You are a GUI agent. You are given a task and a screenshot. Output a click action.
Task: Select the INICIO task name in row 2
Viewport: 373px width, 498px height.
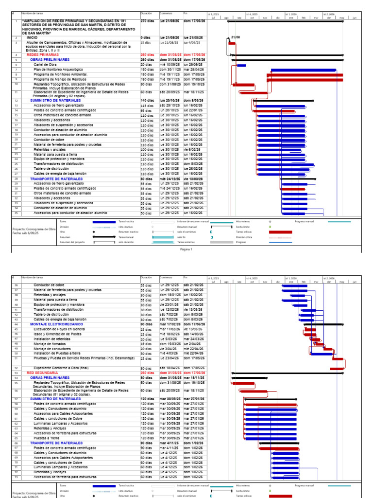click(32, 37)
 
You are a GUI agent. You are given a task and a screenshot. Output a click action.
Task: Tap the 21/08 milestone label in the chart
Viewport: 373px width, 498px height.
click(236, 37)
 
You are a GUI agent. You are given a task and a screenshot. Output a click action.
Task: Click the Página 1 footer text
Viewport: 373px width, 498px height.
click(186, 249)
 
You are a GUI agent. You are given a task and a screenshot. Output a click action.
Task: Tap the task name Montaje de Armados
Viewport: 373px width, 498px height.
click(49, 343)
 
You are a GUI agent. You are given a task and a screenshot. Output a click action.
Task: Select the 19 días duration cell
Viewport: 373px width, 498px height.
click(146, 343)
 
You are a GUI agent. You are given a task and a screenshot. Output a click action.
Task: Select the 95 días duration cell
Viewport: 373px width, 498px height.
click(146, 110)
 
